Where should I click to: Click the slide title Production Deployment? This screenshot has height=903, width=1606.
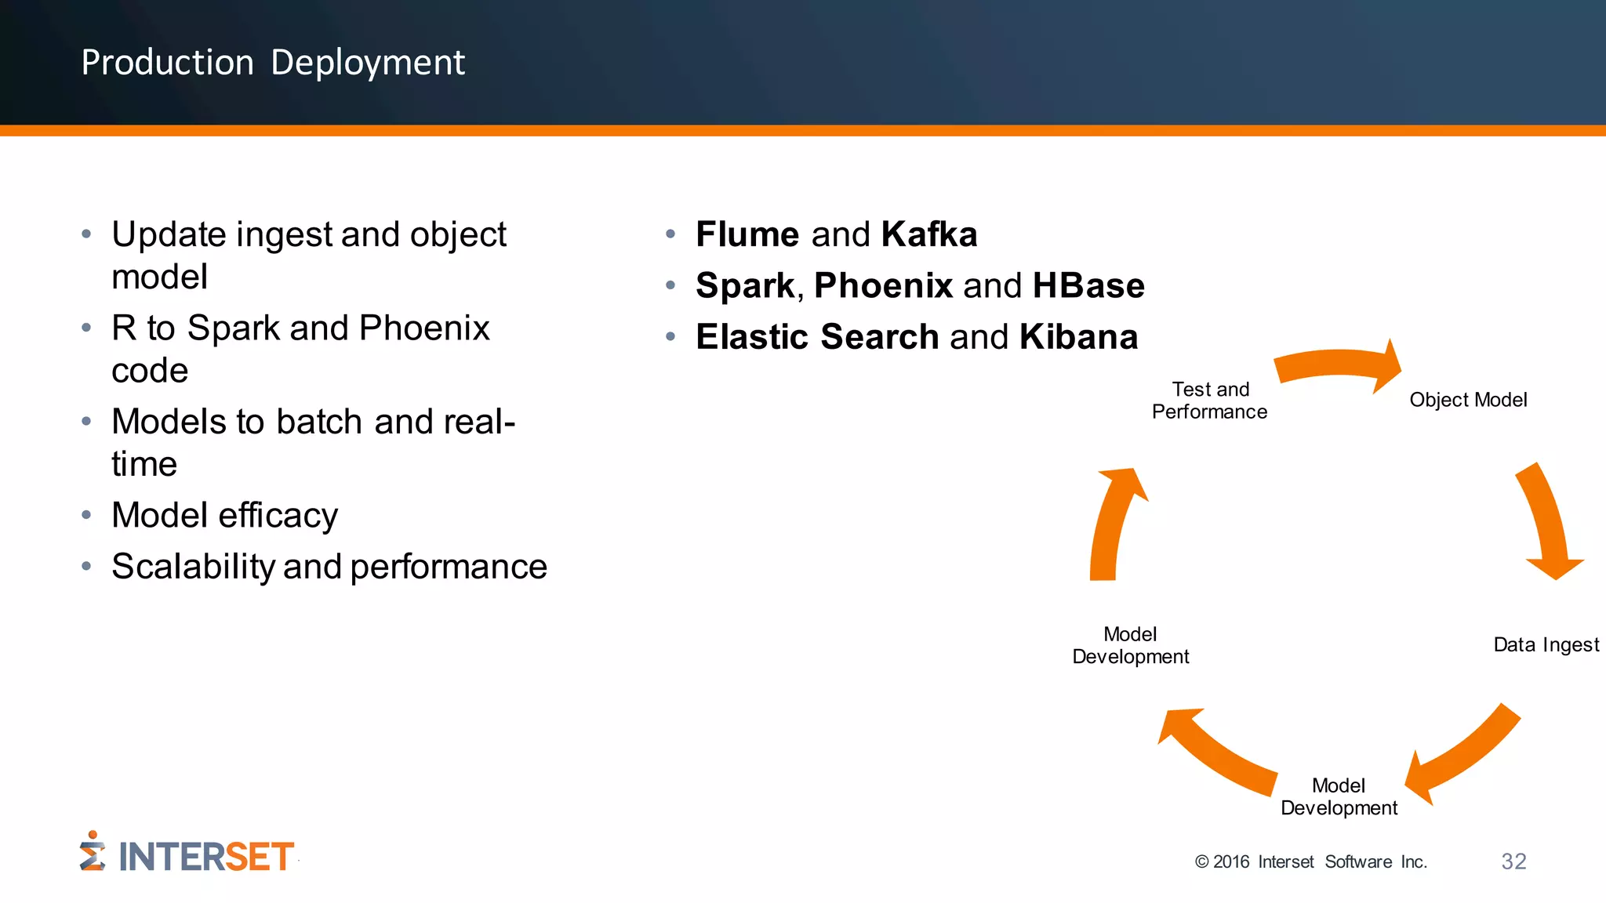[273, 63]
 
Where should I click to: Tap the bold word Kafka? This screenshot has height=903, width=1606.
[929, 234]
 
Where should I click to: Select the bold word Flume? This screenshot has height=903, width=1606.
[747, 234]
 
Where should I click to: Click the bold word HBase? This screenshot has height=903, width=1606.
[1088, 285]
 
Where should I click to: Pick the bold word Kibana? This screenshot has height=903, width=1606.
[1078, 337]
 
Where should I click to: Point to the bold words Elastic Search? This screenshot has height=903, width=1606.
[817, 337]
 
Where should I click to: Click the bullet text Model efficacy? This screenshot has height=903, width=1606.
[225, 516]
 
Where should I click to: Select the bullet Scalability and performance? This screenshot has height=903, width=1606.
[329, 567]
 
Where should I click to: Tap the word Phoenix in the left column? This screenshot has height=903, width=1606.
[424, 328]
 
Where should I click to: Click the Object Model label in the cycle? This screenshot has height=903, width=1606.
[1468, 400]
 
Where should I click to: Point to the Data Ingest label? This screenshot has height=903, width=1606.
[1546, 645]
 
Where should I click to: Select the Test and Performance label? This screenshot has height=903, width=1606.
[1209, 401]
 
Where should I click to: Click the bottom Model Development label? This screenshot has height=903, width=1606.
[1339, 796]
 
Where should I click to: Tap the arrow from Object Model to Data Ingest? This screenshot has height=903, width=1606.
[1546, 522]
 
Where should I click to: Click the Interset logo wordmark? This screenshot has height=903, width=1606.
[205, 857]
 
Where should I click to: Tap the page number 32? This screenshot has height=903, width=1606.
[1513, 861]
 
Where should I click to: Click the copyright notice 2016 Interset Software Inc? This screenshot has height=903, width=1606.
[1311, 862]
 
